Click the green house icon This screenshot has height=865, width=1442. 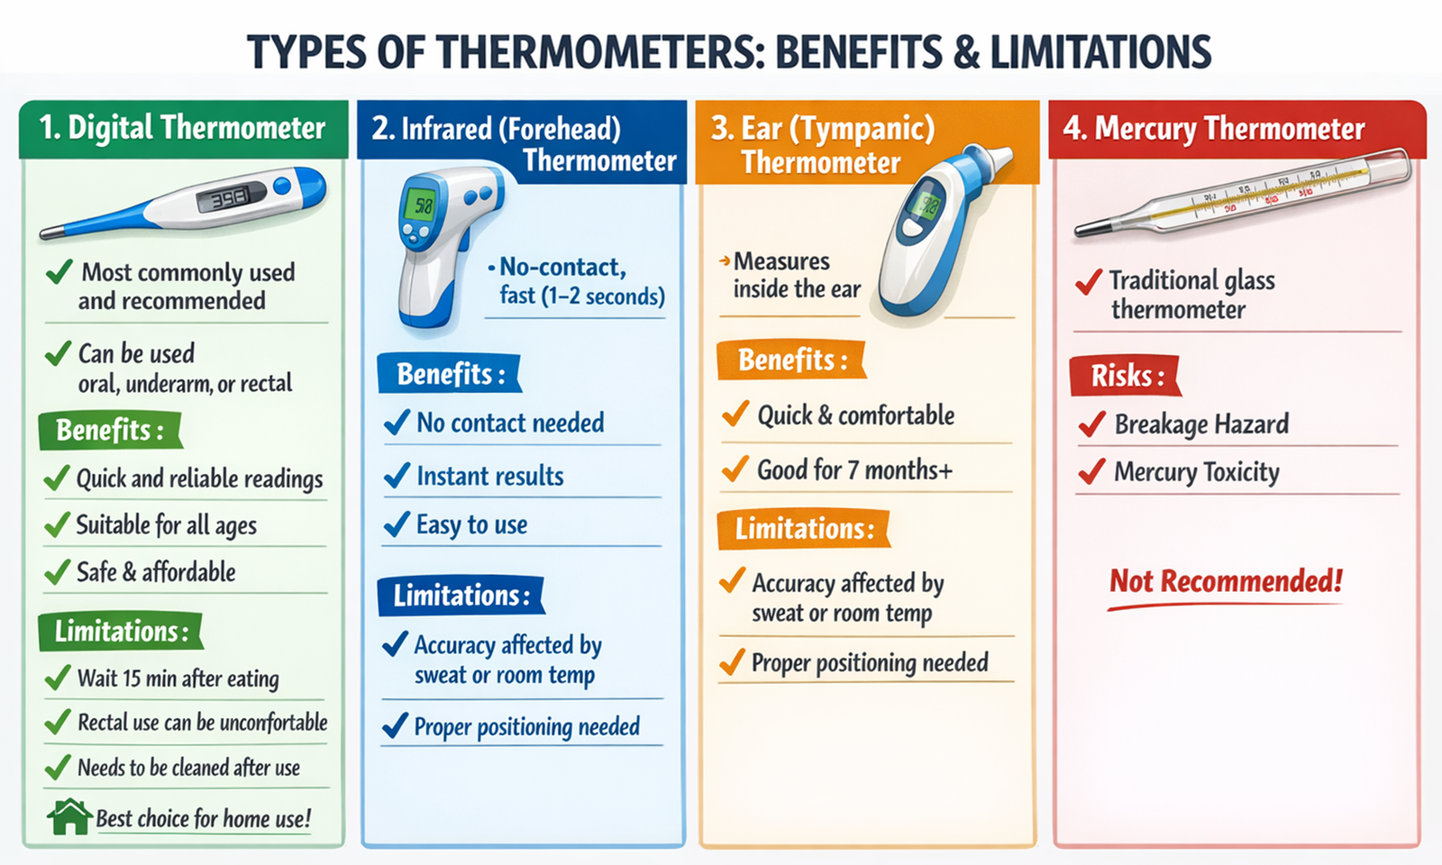69,816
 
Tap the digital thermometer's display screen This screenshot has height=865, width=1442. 231,197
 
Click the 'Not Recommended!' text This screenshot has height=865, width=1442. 1226,581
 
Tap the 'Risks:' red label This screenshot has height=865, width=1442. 1126,375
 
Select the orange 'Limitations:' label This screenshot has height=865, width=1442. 803,528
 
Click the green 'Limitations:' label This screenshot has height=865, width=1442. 121,631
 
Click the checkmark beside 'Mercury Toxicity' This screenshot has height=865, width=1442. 1091,471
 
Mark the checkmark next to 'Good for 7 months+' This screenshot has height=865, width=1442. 735,469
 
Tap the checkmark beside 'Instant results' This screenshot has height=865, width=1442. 397,475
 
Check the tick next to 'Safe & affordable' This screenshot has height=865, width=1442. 57,571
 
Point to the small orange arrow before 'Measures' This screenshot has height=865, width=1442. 724,261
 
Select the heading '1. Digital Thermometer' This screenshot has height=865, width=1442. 183,128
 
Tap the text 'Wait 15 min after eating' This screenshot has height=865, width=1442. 178,678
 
